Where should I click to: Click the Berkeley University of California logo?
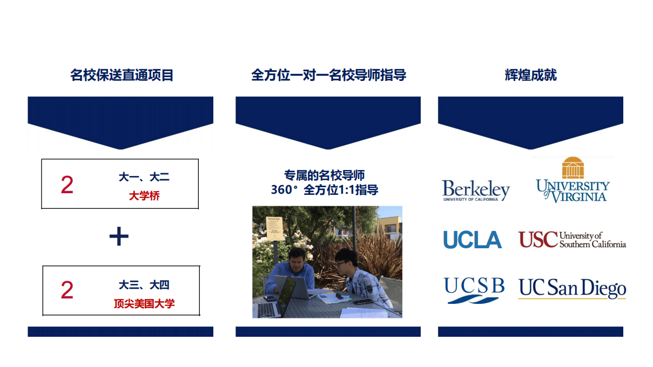(x=476, y=191)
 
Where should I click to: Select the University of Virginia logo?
(x=573, y=180)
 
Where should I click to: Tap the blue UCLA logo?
(x=473, y=240)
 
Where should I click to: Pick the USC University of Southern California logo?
(x=572, y=240)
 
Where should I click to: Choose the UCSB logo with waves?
(x=474, y=290)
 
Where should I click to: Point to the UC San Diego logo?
(x=572, y=288)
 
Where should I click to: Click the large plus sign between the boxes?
(x=119, y=236)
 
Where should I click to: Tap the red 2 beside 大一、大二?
(x=67, y=185)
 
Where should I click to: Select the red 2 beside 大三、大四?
(x=67, y=290)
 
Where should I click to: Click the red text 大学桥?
(x=144, y=196)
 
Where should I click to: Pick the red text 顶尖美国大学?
(x=144, y=303)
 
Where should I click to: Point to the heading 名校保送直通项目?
(x=122, y=75)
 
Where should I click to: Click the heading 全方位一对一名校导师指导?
(x=328, y=75)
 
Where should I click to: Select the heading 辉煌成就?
(x=530, y=75)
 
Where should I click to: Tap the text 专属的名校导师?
(x=325, y=175)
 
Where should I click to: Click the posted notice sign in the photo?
(x=274, y=228)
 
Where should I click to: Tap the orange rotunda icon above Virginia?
(x=573, y=167)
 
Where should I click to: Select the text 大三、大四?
(x=144, y=285)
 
